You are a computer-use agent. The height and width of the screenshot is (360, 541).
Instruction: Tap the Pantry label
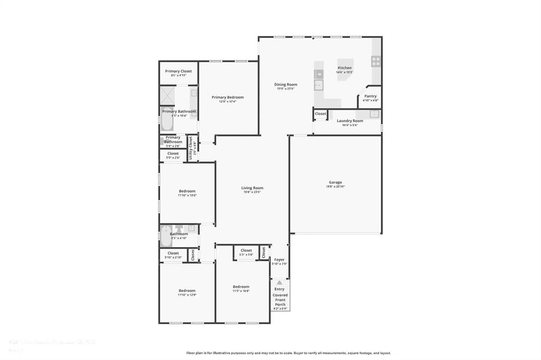[370, 96]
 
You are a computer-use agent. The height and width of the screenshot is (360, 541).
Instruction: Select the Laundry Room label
[350, 121]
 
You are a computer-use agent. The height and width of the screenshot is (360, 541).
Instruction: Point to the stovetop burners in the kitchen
[376, 61]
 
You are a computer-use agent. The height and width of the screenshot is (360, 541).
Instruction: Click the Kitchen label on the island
[344, 68]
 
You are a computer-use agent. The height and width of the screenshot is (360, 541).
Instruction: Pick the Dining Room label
[285, 84]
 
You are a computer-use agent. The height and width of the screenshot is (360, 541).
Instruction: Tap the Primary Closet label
[178, 71]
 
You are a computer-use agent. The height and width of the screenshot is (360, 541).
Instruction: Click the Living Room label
[252, 188]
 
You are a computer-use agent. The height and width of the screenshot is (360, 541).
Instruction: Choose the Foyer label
[279, 260]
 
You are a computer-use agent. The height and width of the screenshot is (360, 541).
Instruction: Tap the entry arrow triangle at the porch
[279, 283]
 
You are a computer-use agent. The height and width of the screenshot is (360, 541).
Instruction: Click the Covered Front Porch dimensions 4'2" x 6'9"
[280, 308]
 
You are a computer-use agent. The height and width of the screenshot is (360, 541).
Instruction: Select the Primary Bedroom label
[227, 97]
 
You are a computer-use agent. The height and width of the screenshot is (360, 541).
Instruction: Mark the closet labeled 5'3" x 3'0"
[246, 252]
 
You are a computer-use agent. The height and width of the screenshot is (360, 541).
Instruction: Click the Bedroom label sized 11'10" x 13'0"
[187, 191]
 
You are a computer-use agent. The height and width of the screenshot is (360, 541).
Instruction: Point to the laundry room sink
[374, 113]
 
